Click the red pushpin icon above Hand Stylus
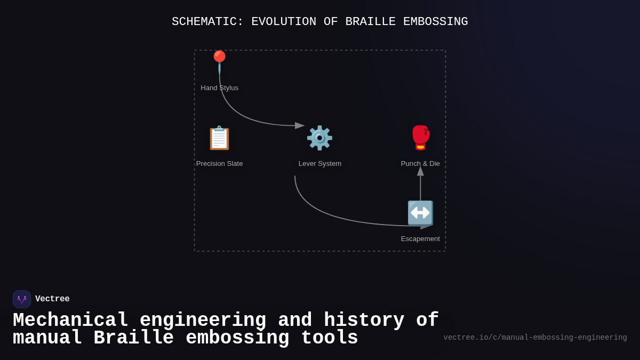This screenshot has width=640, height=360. coord(219,60)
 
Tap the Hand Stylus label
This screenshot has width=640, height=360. coord(219,88)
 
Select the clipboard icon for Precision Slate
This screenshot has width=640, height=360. coord(219,138)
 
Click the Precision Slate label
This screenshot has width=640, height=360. coord(219,164)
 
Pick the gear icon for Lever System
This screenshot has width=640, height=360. coord(319,138)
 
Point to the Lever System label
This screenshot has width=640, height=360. coord(319,164)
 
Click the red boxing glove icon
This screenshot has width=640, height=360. coord(420,138)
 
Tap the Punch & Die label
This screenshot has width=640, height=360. coord(420,164)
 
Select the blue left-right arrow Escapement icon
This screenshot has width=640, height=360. coord(420,213)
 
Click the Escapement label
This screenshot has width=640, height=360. coord(420,239)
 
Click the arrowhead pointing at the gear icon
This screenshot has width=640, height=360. coord(300,126)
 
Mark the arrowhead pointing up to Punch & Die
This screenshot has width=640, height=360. coord(420,171)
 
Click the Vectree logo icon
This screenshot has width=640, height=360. coord(22,299)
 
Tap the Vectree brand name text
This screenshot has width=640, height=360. coord(52,299)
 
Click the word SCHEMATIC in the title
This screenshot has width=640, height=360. coord(207,22)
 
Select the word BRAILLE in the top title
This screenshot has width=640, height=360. coord(370,22)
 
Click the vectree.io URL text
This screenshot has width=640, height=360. coord(535,338)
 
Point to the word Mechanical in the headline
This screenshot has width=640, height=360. coord(70,321)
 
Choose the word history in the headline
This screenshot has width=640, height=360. coord(364,321)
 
